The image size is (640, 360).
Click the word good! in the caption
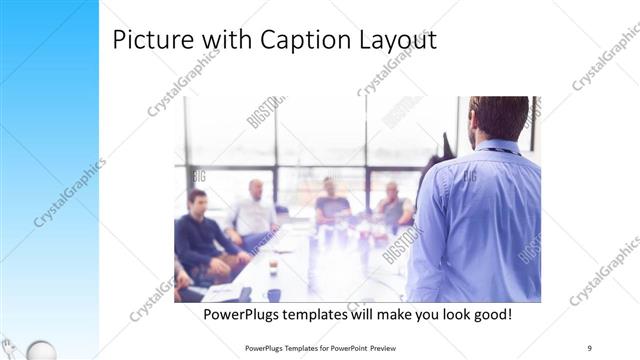coord(489,313)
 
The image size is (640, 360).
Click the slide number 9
coord(590,347)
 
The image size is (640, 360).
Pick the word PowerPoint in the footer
coord(339,347)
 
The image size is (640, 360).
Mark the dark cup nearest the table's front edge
coord(274,294)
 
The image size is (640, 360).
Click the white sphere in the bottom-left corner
coord(38,350)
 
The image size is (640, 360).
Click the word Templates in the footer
coord(290,347)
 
